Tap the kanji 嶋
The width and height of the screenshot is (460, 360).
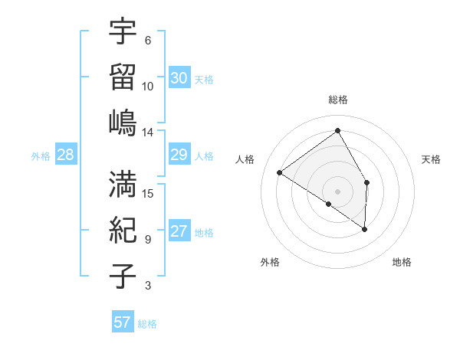(x=123, y=123)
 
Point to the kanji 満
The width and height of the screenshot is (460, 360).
(x=123, y=184)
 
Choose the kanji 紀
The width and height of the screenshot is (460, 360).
(x=123, y=230)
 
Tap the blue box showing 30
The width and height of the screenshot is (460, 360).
(x=179, y=78)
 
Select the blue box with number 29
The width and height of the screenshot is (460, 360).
(x=179, y=155)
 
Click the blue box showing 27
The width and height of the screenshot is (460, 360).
(x=179, y=232)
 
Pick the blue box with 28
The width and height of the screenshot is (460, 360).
(x=65, y=155)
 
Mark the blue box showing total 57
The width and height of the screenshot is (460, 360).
(x=123, y=322)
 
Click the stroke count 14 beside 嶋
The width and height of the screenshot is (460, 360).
(x=148, y=132)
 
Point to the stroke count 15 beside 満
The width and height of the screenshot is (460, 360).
(x=148, y=193)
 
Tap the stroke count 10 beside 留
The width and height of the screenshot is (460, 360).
(x=148, y=86)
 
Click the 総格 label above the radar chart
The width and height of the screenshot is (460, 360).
(x=337, y=100)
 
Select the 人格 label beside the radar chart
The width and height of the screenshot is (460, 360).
(x=245, y=160)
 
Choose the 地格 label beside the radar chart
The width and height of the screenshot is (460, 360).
(x=402, y=263)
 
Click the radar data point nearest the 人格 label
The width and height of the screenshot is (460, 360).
(x=280, y=173)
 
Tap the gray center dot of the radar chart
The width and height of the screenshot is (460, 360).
(x=337, y=191)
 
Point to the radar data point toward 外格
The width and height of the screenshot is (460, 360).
(x=329, y=204)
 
